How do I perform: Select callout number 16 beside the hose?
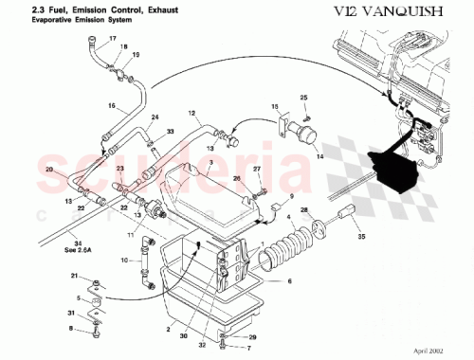111,105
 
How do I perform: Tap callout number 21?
74,275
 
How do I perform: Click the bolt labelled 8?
97,331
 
